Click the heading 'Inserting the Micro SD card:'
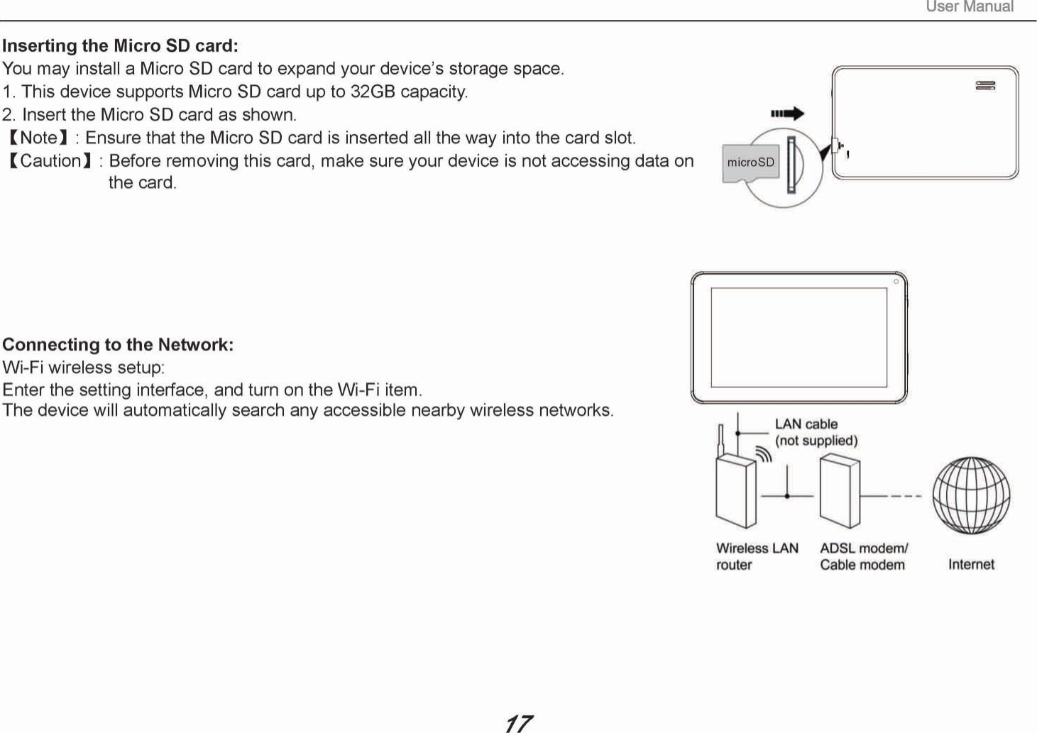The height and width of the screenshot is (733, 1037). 120,46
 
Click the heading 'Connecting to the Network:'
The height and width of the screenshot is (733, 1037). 118,345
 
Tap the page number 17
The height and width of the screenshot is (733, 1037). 518,723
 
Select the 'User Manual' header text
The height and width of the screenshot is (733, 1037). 970,7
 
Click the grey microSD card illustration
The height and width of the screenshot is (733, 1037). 750,163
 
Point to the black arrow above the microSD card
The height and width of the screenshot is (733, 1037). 787,114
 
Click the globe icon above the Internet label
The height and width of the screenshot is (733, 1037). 971,495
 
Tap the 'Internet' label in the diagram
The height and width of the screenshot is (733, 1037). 971,564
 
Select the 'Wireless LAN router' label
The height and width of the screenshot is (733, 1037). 757,556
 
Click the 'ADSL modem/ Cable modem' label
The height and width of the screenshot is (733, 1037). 863,556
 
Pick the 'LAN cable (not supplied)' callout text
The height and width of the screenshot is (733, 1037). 816,432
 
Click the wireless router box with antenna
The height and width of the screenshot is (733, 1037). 736,490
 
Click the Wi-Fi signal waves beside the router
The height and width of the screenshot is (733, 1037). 764,454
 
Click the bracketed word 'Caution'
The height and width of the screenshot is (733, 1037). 50,161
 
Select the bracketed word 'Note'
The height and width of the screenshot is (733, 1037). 38,138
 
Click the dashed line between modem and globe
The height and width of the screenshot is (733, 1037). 906,495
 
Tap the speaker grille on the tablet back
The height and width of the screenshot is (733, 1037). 985,86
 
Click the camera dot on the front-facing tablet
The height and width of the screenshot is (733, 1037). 896,282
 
